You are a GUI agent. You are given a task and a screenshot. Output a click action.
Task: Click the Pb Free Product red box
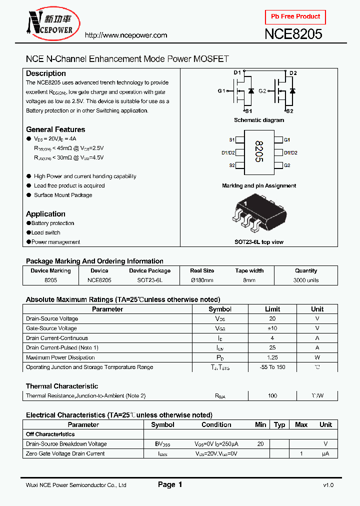coord(295,17)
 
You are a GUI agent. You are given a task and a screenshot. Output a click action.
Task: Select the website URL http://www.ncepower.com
coord(125,35)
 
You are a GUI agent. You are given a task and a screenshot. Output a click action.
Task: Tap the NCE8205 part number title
coord(293,34)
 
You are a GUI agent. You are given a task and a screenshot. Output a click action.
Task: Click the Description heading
coord(46,73)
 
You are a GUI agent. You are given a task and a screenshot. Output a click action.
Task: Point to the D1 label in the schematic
coord(237,73)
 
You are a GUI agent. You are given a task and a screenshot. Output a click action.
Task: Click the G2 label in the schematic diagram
coord(262,91)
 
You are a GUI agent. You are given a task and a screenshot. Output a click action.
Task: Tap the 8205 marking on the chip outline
coord(258,152)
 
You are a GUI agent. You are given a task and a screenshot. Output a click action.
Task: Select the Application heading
coord(45,214)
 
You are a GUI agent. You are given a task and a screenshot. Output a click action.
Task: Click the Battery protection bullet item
coord(52,223)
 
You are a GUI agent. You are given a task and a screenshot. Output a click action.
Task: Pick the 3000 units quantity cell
coord(306,280)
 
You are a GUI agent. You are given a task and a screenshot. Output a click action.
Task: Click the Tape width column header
coord(249,271)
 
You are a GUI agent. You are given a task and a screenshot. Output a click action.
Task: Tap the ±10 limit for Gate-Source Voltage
coord(272,328)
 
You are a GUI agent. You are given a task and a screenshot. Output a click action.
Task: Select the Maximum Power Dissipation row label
coord(60,357)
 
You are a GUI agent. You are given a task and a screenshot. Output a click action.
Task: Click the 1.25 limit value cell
coord(272,357)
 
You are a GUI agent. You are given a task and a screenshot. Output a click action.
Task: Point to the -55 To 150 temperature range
coord(272,367)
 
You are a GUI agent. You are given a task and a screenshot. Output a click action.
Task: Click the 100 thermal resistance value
coord(272,396)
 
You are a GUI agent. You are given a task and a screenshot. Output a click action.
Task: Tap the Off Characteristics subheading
coord(50,434)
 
